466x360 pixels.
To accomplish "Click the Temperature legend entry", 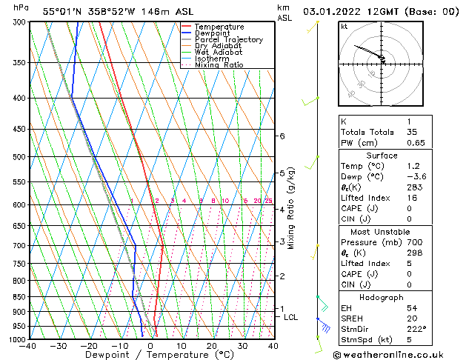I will click(x=219, y=27).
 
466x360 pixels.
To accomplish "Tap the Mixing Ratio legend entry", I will click(x=219, y=65).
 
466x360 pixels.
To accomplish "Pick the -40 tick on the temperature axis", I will click(x=28, y=346).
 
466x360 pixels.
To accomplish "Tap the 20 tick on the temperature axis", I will click(x=211, y=346).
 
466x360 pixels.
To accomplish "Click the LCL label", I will click(x=291, y=317).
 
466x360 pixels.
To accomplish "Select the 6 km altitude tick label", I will click(x=282, y=136).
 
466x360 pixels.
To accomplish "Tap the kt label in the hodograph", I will click(x=344, y=27).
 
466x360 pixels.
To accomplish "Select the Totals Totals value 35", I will click(x=412, y=132).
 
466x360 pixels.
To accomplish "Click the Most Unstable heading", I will click(x=382, y=232).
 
